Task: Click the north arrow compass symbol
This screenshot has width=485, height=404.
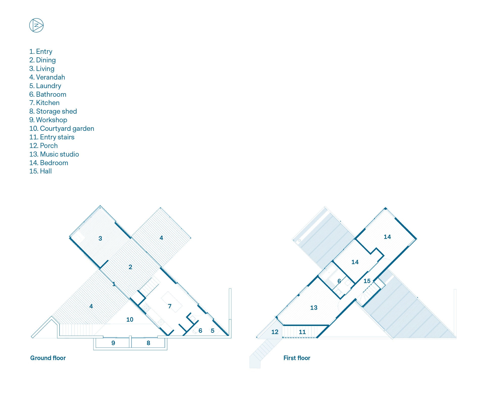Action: pos(36,25)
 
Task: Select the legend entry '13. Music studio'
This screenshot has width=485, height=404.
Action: pos(54,154)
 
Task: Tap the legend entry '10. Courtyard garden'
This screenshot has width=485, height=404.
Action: pos(62,129)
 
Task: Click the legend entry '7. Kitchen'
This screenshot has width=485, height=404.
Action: pos(44,103)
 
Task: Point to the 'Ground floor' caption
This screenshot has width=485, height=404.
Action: pos(48,358)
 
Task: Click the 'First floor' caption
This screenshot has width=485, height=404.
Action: pos(297,358)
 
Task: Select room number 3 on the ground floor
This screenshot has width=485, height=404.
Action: pos(100,238)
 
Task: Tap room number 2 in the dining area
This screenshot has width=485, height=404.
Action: pos(130,267)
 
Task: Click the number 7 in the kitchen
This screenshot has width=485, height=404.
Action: pos(170,306)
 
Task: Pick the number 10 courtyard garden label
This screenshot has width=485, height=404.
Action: pos(130,320)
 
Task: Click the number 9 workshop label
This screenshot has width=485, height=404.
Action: pos(113,343)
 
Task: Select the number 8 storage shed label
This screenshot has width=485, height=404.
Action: pos(149,343)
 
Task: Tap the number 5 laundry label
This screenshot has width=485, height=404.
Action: pos(213,331)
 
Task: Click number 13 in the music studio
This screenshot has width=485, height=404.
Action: pos(314,308)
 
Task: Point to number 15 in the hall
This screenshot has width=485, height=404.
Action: pos(367,281)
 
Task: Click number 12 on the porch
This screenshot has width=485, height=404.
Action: pos(275,332)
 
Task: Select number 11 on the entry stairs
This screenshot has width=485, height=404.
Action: pos(302,332)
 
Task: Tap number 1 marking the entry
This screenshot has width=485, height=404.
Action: pos(114,284)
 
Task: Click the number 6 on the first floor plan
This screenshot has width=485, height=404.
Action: pos(339,281)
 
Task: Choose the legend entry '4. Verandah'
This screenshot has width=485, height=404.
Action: pos(47,77)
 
